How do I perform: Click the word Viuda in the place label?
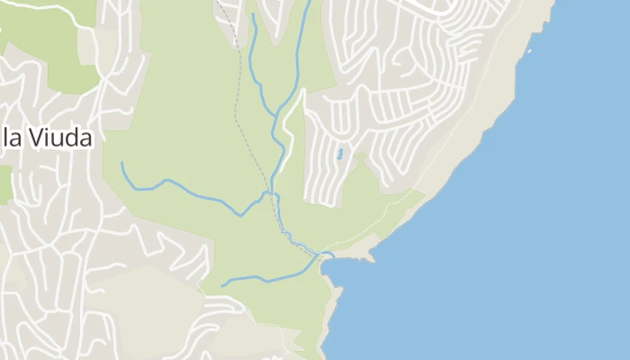[x=60, y=139]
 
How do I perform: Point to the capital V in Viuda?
[x=34, y=139]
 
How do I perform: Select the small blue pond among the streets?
[x=340, y=154]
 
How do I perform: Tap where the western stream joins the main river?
[x=267, y=193]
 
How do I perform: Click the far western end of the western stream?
[x=121, y=164]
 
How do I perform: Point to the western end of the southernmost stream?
[x=223, y=284]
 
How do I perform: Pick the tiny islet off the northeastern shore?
[x=529, y=50]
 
